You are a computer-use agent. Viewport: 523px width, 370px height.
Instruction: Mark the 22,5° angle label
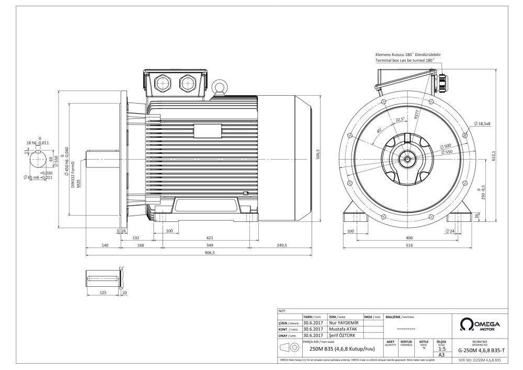[x=400, y=119]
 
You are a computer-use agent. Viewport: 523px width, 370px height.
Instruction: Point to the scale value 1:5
[x=441, y=348]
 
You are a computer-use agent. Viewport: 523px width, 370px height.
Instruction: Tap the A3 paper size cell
[x=441, y=355]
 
